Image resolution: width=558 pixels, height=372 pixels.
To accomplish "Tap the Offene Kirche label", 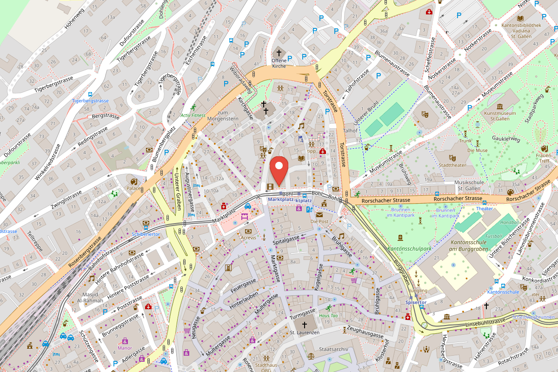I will click(x=279, y=63).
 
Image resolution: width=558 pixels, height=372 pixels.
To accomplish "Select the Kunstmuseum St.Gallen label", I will click(x=499, y=115).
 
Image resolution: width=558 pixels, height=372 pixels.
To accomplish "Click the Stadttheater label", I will click(x=452, y=165).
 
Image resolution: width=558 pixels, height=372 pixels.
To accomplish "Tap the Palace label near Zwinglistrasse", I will click(x=134, y=189).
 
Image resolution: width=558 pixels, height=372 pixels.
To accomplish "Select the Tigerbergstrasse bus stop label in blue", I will click(x=90, y=100).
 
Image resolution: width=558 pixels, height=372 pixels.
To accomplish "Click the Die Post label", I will click(x=319, y=221).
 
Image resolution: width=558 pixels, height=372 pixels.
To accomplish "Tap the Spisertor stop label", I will click(x=416, y=302).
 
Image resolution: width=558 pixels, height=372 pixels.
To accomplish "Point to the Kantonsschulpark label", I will click(x=410, y=249).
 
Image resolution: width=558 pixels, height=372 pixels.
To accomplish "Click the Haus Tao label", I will click(x=328, y=315).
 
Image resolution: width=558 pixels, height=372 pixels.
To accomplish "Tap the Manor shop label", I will click(x=125, y=348).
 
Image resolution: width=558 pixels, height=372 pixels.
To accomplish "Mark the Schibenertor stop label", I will click(x=146, y=234).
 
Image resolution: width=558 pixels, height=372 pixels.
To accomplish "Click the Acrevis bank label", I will click(x=249, y=237).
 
